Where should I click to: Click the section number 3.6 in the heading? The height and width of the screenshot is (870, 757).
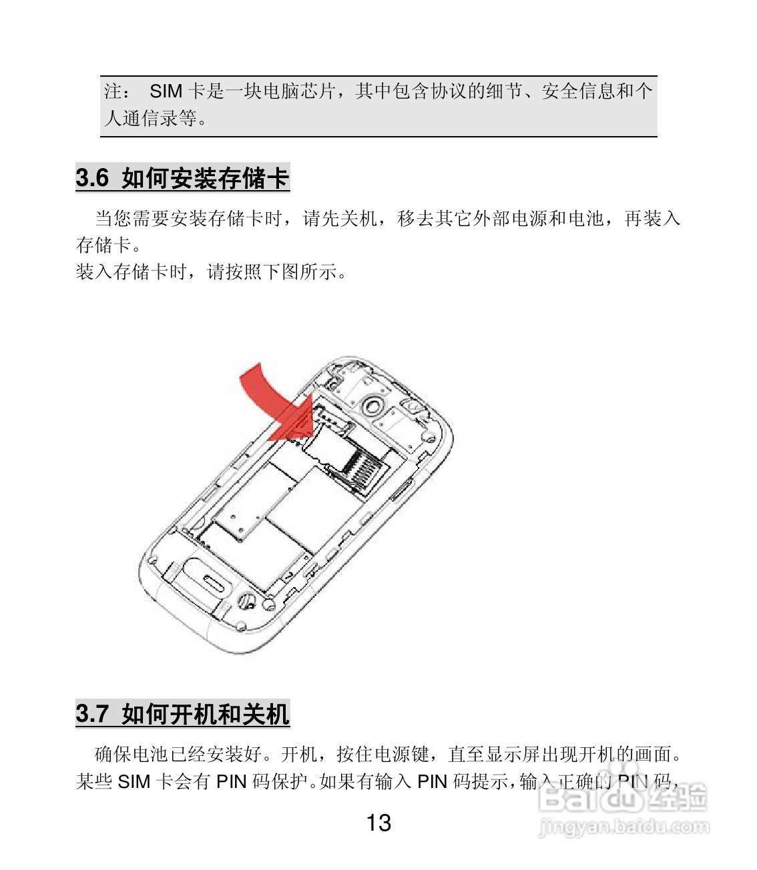coord(92,179)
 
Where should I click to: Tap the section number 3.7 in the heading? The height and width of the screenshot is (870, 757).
coord(92,715)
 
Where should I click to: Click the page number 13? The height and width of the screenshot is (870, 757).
coord(378,823)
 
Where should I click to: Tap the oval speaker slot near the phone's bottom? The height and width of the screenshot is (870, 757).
coord(214,579)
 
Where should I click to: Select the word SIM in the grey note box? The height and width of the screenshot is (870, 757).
coord(166,91)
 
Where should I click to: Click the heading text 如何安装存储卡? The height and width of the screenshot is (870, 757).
coord(206,179)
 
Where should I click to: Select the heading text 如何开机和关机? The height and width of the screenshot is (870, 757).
coord(206,715)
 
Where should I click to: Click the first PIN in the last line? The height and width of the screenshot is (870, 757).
coord(232,781)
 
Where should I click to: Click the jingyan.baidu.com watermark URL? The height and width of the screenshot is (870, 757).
coord(624,828)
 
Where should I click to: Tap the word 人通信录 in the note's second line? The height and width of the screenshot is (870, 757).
coord(141,119)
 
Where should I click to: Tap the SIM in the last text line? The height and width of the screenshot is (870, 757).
coord(134,781)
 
